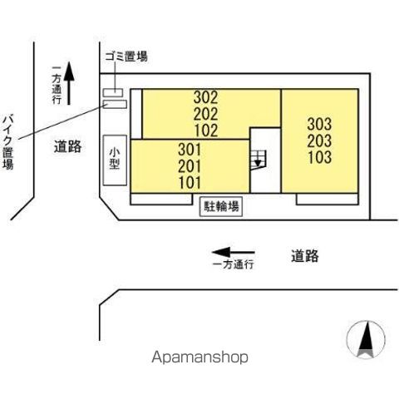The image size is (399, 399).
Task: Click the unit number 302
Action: pyautogui.click(x=206, y=97)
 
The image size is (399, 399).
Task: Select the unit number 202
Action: pyautogui.click(x=206, y=114)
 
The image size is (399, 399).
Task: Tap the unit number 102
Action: pyautogui.click(x=206, y=131)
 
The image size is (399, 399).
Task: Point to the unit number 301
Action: pyautogui.click(x=190, y=150)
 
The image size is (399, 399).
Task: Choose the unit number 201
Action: pyautogui.click(x=190, y=166)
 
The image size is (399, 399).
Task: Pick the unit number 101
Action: pyautogui.click(x=190, y=183)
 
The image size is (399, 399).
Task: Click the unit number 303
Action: pyautogui.click(x=319, y=124)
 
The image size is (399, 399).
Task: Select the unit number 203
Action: pyautogui.click(x=319, y=140)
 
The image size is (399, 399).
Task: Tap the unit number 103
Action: pyautogui.click(x=320, y=157)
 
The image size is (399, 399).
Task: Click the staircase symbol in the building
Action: pyautogui.click(x=258, y=160)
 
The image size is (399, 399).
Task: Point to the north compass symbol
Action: pyautogui.click(x=366, y=339)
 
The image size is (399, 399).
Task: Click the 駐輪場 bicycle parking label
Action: pyautogui.click(x=221, y=206)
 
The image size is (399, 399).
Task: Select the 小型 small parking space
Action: pyautogui.click(x=115, y=160)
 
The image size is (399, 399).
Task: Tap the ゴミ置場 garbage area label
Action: pyautogui.click(x=126, y=57)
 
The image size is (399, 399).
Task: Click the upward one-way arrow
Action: pyautogui.click(x=69, y=83)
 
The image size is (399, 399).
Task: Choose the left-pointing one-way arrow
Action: pyautogui.click(x=234, y=252)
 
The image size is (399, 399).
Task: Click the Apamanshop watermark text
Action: pyautogui.click(x=199, y=357)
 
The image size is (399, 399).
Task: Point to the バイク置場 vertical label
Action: pyautogui.click(x=8, y=142)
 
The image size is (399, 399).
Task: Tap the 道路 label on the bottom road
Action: pyautogui.click(x=305, y=256)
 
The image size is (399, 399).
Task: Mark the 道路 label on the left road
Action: pyautogui.click(x=67, y=146)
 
